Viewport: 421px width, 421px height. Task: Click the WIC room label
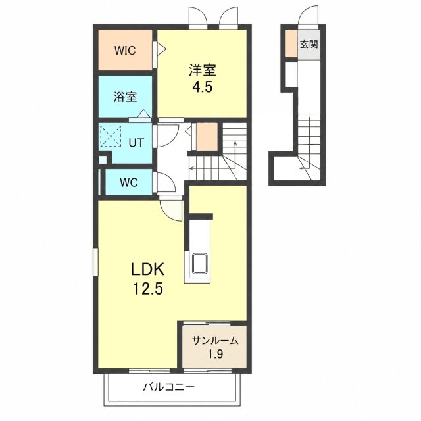[x=125, y=51]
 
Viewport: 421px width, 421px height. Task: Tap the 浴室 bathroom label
[x=125, y=97]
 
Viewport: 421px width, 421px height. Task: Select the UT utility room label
[x=136, y=143]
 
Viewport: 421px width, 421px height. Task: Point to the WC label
[x=129, y=183]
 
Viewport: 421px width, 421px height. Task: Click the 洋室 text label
[x=203, y=70]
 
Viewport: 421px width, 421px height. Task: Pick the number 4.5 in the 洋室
[x=203, y=87]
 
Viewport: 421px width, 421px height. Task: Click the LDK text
[x=147, y=269]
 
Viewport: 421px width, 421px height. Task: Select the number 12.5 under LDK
[x=148, y=289]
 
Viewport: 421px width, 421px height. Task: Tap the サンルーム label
[x=215, y=341]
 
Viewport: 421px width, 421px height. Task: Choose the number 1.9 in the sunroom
[x=216, y=354]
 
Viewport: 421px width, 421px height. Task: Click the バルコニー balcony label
[x=168, y=387]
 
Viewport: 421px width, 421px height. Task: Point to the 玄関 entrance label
[x=309, y=44]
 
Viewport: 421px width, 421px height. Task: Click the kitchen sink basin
[x=199, y=264]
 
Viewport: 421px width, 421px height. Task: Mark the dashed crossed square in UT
[x=111, y=136]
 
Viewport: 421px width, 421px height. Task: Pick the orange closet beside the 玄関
[x=291, y=43]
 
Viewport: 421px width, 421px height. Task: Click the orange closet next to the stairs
[x=207, y=137]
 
